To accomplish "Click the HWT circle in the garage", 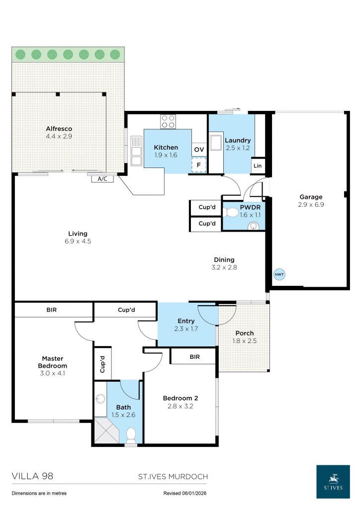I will click(279, 274).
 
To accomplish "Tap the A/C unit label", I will click(102, 178).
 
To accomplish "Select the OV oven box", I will click(199, 149).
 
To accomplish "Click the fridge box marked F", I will click(199, 165).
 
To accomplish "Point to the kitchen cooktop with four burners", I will click(168, 121).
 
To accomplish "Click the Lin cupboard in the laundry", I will click(258, 166).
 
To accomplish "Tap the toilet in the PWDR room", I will click(230, 213).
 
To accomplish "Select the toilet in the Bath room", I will click(131, 435).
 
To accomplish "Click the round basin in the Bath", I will click(101, 399).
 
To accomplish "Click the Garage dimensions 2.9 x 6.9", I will click(311, 204).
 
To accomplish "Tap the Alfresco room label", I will click(59, 129).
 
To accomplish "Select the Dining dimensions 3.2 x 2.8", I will click(224, 267).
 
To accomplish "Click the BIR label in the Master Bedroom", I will click(52, 310).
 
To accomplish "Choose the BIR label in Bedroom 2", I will click(194, 356).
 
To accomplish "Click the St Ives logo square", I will click(333, 482).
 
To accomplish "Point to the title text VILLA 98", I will click(32, 476).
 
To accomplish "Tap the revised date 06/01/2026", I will click(199, 494).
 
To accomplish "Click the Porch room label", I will click(244, 333).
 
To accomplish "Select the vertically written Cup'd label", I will click(102, 364).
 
